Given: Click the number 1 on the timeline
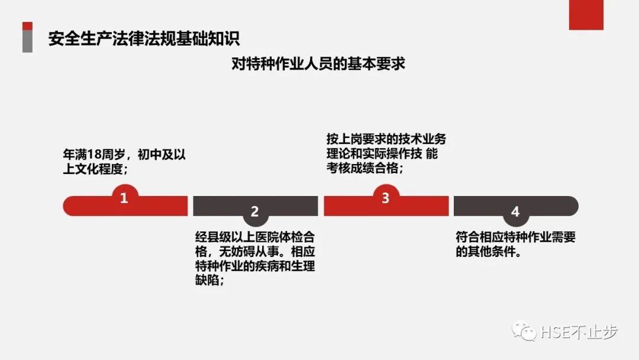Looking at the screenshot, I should tap(124, 198).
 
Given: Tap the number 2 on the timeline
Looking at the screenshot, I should tap(255, 211).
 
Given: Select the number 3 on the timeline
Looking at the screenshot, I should tap(385, 198).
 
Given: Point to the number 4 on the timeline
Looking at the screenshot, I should tap(515, 211).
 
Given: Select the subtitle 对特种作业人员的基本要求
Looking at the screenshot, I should tap(318, 63).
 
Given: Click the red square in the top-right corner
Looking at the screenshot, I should tap(586, 15).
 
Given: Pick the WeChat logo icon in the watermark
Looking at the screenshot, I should tap(524, 332).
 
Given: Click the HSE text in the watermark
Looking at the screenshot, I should tap(554, 332).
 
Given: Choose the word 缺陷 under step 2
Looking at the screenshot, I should tap(207, 281).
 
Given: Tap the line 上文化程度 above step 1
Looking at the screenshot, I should tap(95, 169).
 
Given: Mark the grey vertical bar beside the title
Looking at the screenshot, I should tap(27, 41).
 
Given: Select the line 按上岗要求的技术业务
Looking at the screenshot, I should tap(386, 140).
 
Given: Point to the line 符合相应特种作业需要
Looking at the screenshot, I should tap(515, 237).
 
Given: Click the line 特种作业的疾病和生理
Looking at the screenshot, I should tap(255, 266).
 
